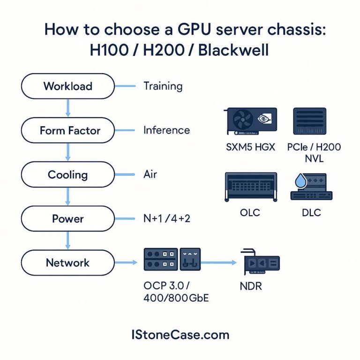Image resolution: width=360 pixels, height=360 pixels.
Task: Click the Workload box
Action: click(x=68, y=86)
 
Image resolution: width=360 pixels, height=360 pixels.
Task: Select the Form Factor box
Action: click(x=68, y=130)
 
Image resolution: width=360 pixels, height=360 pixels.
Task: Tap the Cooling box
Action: click(x=68, y=175)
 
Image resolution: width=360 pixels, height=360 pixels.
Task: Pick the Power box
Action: click(x=68, y=218)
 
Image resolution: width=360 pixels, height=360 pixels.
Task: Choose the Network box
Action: click(x=68, y=262)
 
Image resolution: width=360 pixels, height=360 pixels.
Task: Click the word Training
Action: click(x=163, y=86)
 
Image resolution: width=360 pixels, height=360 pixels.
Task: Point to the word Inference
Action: click(x=166, y=130)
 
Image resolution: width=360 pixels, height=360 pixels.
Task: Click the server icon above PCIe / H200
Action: click(x=309, y=120)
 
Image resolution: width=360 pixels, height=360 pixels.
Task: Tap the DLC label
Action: click(x=311, y=213)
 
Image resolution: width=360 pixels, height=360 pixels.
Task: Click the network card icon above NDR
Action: click(x=260, y=263)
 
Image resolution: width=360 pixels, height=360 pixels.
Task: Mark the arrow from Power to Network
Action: click(x=68, y=240)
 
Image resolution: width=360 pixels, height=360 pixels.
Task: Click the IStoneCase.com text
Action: click(x=180, y=335)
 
